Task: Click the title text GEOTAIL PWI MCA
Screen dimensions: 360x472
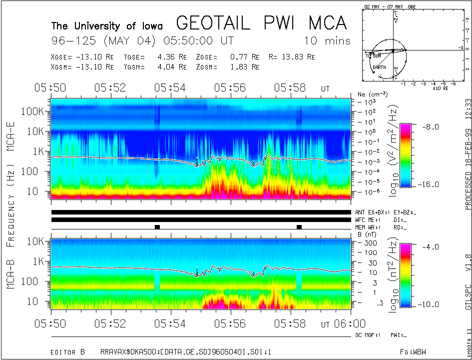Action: point(261,22)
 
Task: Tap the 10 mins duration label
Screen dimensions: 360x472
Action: point(327,40)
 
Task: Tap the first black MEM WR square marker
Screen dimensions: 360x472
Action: point(157,227)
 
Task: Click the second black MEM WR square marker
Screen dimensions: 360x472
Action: point(299,227)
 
